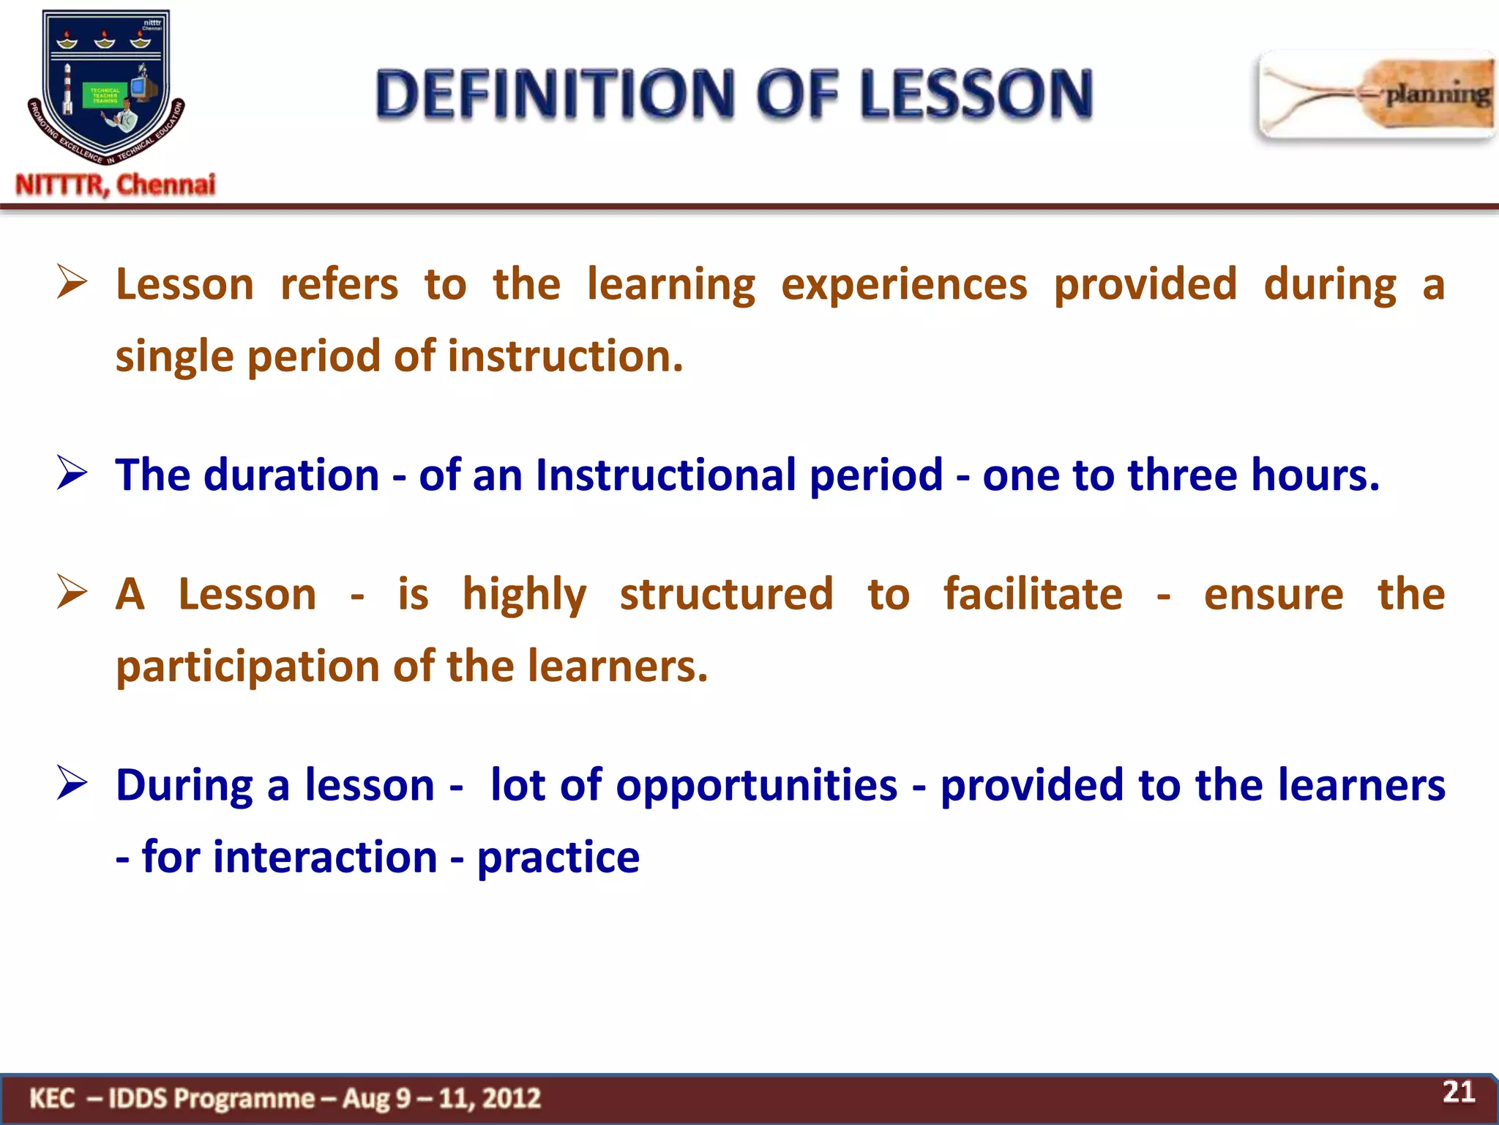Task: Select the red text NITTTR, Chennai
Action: [116, 185]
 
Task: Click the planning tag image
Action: [1376, 95]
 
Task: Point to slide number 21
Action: [1458, 1092]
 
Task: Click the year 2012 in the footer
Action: [512, 1098]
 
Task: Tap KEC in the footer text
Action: [52, 1098]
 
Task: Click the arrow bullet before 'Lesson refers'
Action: [72, 283]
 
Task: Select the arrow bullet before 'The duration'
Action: [72, 473]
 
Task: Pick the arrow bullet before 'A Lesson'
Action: [72, 592]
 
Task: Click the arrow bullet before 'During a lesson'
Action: [72, 784]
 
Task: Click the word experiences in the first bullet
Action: [904, 284]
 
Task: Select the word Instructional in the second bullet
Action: [665, 475]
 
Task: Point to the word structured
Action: [726, 593]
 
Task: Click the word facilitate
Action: [1032, 593]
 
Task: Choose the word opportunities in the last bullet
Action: [756, 785]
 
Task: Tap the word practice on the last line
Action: [558, 857]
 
